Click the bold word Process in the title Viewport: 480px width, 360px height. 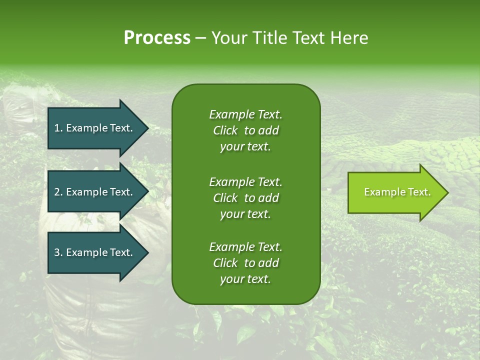[x=157, y=38]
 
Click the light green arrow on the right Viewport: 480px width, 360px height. [x=395, y=192]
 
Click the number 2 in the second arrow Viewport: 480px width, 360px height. [x=57, y=192]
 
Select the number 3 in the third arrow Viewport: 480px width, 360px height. [x=57, y=252]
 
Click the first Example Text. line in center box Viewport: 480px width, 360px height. [x=245, y=114]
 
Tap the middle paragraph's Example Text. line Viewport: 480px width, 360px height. [x=245, y=181]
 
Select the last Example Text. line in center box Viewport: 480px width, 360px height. [x=245, y=247]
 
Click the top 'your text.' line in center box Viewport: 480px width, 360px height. [x=245, y=147]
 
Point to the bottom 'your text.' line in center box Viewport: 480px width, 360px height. [x=245, y=279]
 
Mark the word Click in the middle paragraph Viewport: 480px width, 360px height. [x=225, y=198]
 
